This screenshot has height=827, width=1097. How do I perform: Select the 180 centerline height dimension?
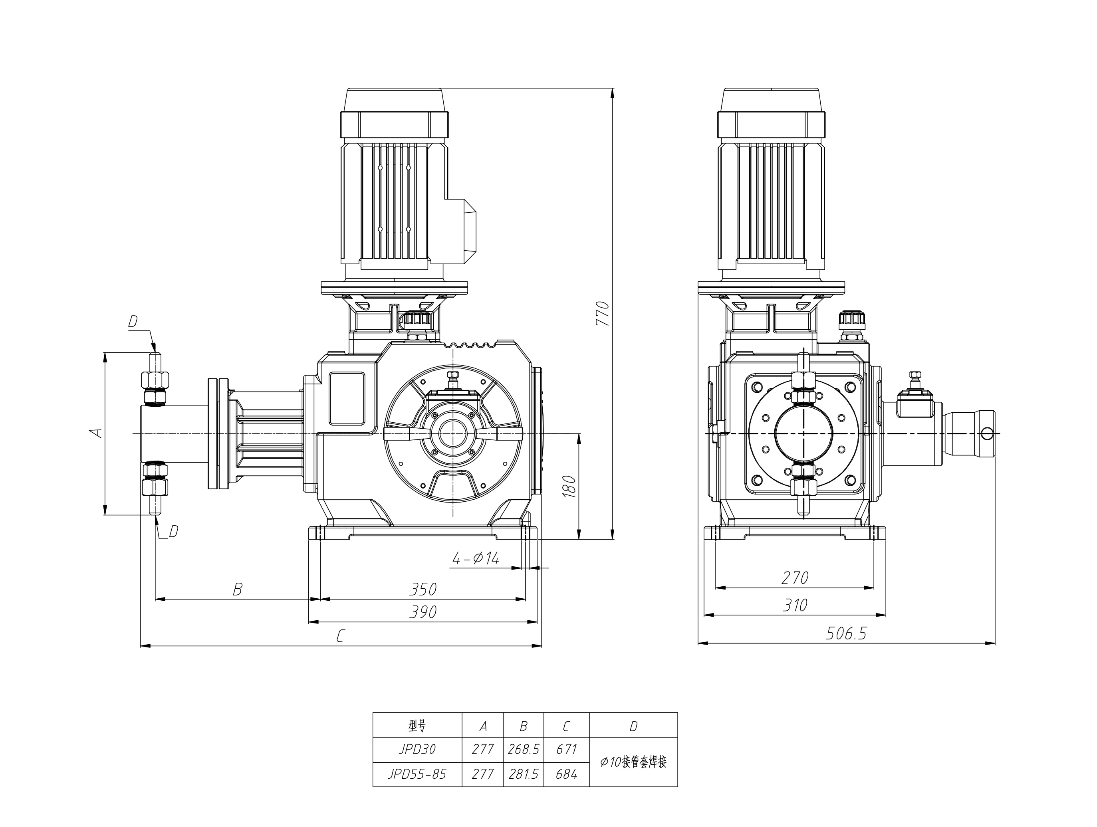click(x=570, y=487)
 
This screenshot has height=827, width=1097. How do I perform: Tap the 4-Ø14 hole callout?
click(x=475, y=558)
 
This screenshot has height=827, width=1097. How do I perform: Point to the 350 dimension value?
click(x=423, y=589)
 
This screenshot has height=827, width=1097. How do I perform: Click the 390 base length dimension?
click(x=423, y=612)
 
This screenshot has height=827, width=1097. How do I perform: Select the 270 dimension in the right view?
click(x=795, y=578)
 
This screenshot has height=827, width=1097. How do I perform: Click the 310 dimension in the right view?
click(x=795, y=605)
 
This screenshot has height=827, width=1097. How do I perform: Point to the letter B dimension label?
click(x=238, y=590)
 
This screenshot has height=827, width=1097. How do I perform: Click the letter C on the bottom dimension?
click(x=340, y=636)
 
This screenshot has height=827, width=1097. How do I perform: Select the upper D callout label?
click(x=133, y=322)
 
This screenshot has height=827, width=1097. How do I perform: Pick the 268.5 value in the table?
click(x=523, y=749)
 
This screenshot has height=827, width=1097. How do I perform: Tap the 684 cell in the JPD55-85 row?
click(x=566, y=774)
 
